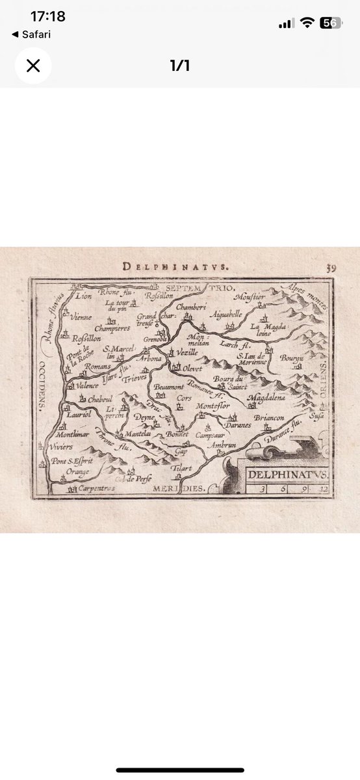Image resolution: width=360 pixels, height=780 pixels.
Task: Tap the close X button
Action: pos(33,66)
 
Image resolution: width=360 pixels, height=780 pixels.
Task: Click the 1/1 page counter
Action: pos(179,66)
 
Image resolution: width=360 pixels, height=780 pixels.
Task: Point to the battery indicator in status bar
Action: pos(332,23)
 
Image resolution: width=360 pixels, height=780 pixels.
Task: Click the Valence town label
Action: pos(87,385)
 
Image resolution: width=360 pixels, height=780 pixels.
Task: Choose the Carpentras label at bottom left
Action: pos(94,487)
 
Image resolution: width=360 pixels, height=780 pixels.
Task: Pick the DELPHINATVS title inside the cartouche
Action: pos(288,474)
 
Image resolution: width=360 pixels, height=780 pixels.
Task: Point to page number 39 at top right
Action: pos(331,266)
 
